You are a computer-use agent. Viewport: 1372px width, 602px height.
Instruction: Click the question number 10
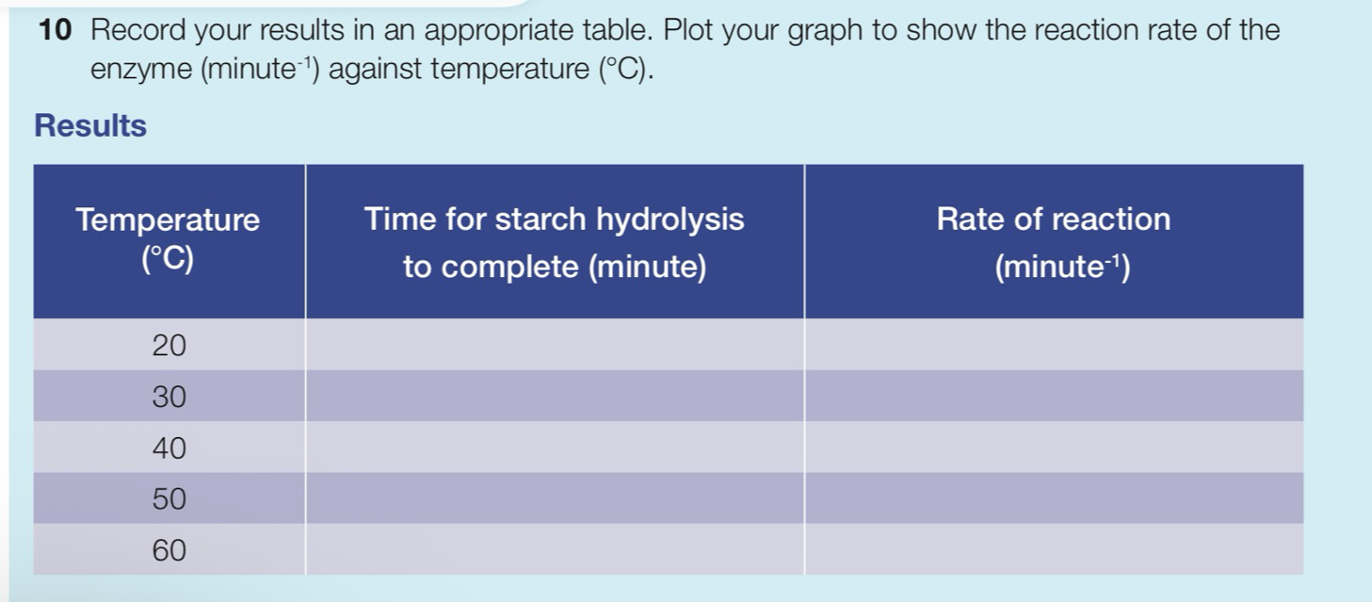pos(56,29)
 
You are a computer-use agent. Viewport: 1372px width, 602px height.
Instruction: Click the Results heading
pos(90,125)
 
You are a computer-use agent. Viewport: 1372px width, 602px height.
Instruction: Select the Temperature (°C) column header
pos(169,241)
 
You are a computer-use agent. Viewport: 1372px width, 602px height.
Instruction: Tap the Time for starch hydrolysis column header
pos(555,241)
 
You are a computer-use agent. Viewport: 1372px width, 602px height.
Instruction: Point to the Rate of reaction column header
pos(1054,241)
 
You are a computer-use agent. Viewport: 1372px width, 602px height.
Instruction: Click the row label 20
pos(169,345)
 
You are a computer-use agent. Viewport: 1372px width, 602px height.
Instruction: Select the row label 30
pos(169,397)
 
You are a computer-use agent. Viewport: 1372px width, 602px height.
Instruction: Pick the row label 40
pos(169,448)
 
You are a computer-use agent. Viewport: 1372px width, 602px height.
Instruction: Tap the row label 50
pos(169,498)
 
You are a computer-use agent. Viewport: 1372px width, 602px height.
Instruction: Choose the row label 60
pos(169,550)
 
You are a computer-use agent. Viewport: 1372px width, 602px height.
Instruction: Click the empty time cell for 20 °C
pos(555,344)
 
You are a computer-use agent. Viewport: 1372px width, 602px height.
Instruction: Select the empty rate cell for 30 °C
pos(1054,396)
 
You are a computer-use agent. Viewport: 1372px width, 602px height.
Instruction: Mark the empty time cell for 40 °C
pos(555,447)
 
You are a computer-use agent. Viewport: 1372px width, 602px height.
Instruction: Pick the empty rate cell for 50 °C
pos(1054,497)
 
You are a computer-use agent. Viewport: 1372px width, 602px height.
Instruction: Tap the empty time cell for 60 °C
pos(555,549)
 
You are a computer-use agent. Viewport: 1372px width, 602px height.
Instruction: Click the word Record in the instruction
pos(137,29)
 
